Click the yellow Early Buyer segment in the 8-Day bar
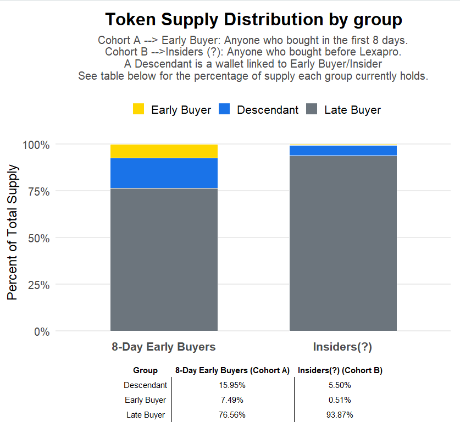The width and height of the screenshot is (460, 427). [164, 151]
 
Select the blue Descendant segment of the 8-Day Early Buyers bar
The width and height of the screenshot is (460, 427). [164, 173]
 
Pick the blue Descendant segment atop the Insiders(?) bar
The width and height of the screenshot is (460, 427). [343, 151]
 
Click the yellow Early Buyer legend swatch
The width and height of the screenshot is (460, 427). [139, 109]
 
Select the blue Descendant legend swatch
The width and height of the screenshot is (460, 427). [224, 109]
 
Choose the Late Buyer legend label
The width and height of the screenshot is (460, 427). [352, 110]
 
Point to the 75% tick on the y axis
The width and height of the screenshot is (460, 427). [36, 191]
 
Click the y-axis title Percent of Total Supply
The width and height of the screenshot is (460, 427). [13, 232]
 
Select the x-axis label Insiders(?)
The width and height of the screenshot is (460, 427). [342, 347]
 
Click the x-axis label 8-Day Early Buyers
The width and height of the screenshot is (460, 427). [164, 347]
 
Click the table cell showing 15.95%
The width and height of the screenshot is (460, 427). [232, 385]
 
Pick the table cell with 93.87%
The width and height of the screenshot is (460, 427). [340, 414]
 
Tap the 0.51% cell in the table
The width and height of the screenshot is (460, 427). [340, 400]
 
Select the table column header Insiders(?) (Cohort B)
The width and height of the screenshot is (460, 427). [340, 370]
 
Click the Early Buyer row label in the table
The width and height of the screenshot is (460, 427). [145, 400]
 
